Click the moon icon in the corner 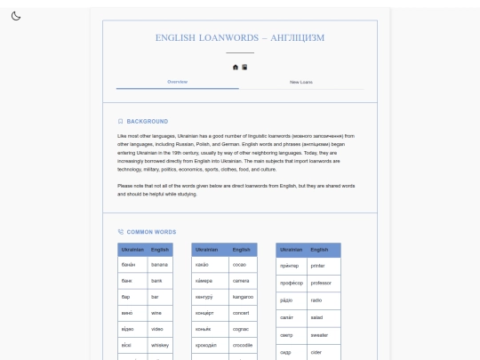[16, 16]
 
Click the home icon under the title [236, 67]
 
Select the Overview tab [177, 82]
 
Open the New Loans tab [301, 82]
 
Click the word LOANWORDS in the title [220, 38]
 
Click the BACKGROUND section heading [147, 121]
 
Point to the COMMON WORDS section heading [151, 231]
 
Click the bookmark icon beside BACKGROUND [121, 121]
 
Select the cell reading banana [159, 265]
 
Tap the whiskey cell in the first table [159, 344]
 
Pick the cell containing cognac [242, 328]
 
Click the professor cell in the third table [320, 283]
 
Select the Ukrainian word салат [287, 317]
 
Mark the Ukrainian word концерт [205, 312]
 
